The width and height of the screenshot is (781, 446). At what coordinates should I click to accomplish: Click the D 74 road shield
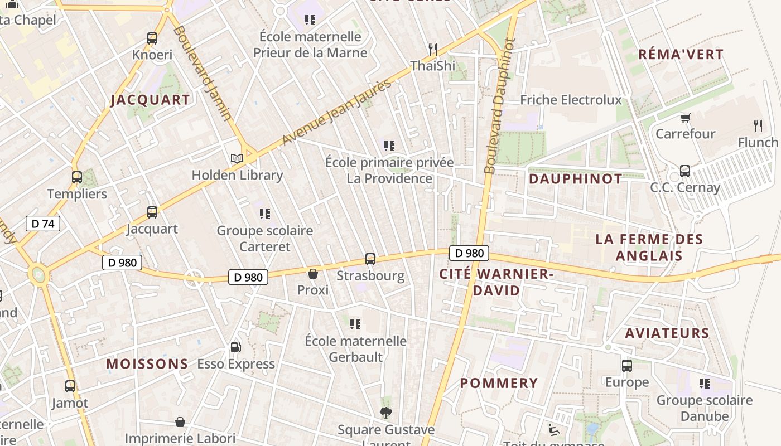click(x=43, y=224)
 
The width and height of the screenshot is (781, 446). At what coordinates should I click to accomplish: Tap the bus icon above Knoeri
click(x=152, y=38)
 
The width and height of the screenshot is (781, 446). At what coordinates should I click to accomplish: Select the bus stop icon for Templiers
click(x=77, y=177)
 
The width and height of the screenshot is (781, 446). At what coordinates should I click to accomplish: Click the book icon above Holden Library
click(x=237, y=158)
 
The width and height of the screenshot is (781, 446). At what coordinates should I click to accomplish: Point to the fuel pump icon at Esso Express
click(x=236, y=347)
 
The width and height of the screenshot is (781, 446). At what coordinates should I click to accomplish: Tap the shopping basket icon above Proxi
click(x=313, y=274)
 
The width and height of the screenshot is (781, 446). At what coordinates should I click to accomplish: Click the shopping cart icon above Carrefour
click(x=685, y=118)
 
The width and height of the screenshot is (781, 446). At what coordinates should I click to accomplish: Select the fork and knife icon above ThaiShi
click(x=433, y=49)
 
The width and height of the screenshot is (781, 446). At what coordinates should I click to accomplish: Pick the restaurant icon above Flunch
click(x=758, y=125)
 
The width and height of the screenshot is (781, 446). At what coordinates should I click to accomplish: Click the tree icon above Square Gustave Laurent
click(x=385, y=413)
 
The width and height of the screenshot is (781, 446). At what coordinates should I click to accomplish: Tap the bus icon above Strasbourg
click(x=370, y=259)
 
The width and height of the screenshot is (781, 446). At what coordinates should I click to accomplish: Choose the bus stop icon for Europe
click(x=627, y=366)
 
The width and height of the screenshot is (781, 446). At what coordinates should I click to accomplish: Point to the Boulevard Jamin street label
click(x=201, y=73)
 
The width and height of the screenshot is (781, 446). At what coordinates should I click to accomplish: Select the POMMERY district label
click(x=499, y=383)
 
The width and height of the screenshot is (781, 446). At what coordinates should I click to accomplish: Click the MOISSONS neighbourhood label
click(x=147, y=364)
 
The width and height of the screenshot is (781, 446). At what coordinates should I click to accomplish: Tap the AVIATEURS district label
click(x=667, y=333)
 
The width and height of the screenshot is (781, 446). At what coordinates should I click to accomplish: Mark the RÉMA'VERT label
click(x=681, y=55)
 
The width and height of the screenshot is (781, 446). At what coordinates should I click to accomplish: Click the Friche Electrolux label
click(x=571, y=100)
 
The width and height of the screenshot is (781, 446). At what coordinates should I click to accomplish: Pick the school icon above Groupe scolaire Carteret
click(x=265, y=214)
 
